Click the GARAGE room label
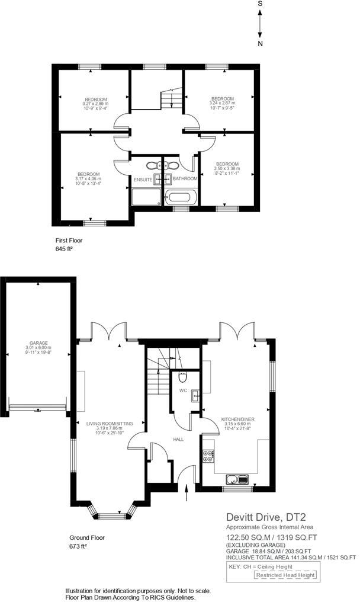click(38, 343)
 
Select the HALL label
click(178, 439)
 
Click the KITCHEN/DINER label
click(238, 420)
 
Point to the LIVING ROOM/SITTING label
click(110, 424)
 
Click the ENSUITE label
click(143, 180)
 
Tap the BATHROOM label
click(185, 178)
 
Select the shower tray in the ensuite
click(146, 197)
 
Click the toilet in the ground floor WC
click(183, 377)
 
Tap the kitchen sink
click(238, 479)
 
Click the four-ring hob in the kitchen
click(209, 456)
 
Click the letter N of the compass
click(260, 44)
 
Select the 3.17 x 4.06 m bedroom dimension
click(88, 178)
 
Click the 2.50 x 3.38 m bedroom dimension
click(227, 168)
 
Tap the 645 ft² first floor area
click(65, 249)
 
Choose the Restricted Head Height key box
click(285, 575)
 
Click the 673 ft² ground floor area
click(78, 546)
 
